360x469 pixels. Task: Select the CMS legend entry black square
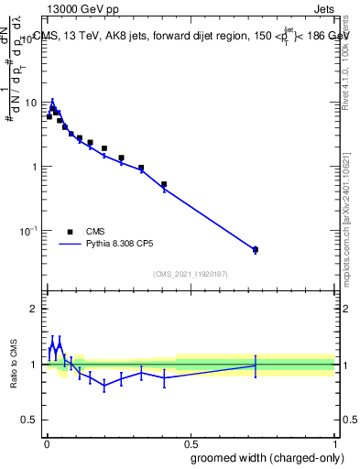[70, 232]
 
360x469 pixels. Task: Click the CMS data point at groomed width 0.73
[256, 249]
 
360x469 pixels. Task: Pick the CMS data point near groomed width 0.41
[164, 184]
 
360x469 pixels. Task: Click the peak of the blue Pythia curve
[52, 103]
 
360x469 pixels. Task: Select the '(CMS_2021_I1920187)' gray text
[190, 273]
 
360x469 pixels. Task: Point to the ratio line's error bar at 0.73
[256, 365]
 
